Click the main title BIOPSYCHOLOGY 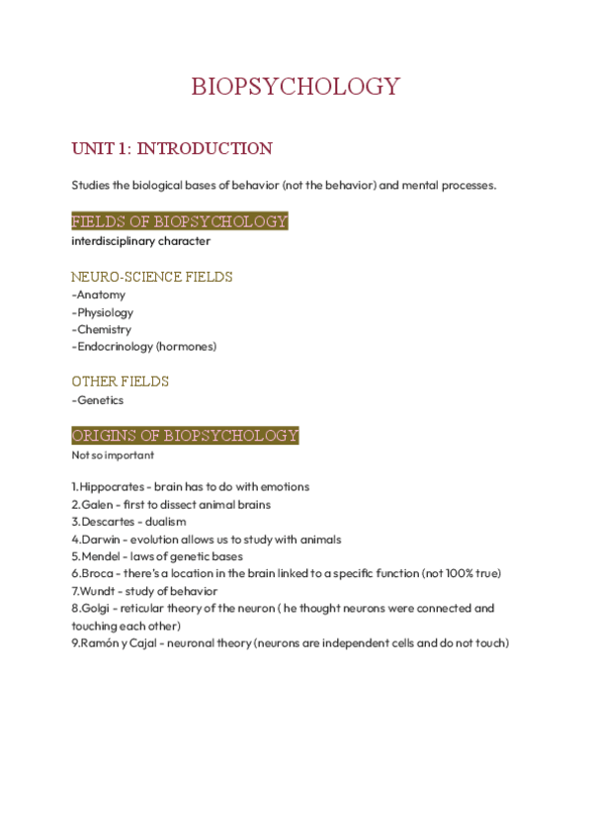coord(296,86)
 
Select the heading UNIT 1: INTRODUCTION coord(172,149)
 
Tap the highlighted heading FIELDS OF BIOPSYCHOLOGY coord(179,221)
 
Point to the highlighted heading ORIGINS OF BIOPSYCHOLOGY coord(185,436)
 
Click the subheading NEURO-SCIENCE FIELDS coord(152,277)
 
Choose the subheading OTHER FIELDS coord(121,381)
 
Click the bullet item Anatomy coord(101,294)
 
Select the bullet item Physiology coord(105,312)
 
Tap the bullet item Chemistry coord(104,329)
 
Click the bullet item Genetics coord(100,400)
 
